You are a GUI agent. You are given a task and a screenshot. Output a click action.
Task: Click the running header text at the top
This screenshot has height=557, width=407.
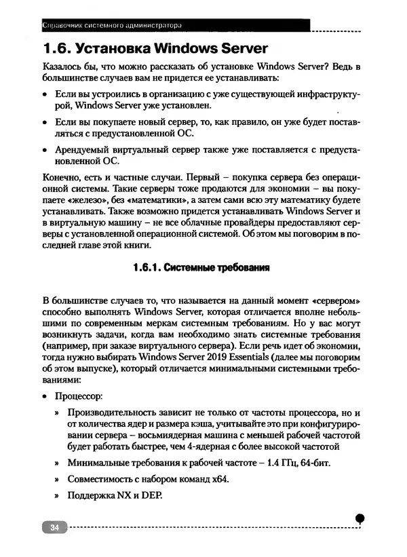(x=112, y=26)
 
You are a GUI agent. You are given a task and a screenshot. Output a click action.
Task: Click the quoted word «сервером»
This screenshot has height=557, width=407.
(x=336, y=299)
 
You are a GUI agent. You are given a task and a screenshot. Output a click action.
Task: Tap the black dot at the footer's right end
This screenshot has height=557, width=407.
(x=360, y=518)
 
